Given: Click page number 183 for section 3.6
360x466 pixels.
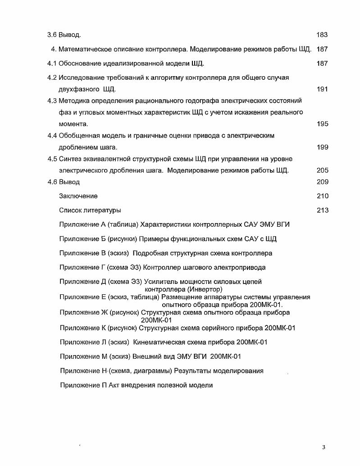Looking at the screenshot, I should click(322, 35).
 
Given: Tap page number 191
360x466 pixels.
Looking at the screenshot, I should click(322, 89).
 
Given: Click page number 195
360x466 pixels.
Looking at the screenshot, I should click(322, 124).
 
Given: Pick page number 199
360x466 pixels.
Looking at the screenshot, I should click(322, 147).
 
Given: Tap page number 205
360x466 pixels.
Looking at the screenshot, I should click(322, 170).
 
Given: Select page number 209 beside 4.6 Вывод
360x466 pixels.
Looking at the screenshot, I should click(322, 182).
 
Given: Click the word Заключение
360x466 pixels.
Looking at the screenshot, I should click(78, 196).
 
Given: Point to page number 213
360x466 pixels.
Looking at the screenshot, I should click(322, 210).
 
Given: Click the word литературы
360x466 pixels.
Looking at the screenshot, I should click(102, 210).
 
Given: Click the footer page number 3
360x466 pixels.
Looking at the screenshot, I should click(324, 447).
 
